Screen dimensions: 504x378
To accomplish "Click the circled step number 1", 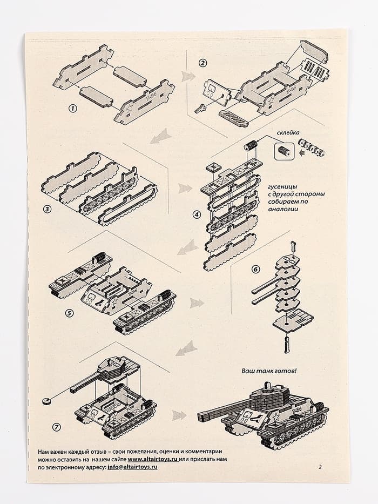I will (72, 108).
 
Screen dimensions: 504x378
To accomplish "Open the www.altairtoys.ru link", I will (153, 459).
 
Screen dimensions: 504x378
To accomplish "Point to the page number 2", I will (320, 467).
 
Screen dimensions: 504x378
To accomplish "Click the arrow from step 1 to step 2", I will (187, 76).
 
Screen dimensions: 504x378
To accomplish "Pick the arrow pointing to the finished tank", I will (178, 415).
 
